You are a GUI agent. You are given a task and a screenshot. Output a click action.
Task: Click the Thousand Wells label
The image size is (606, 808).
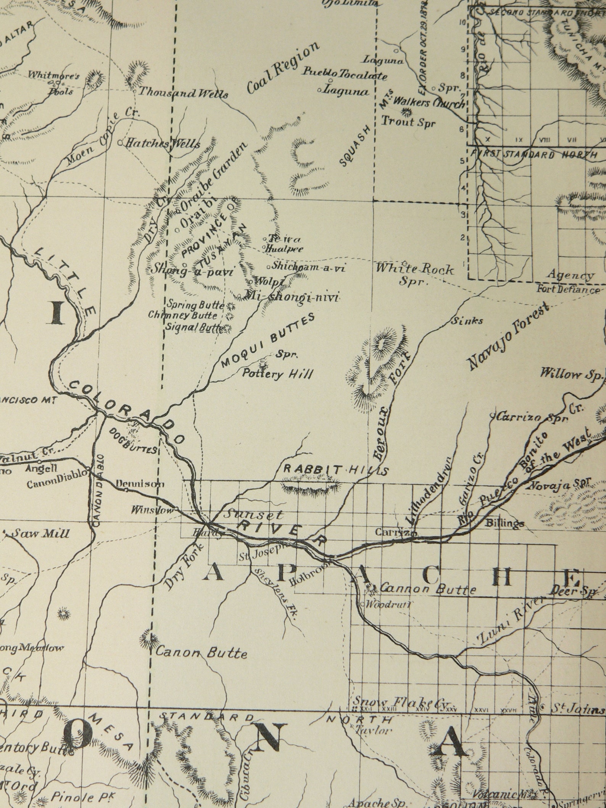183,93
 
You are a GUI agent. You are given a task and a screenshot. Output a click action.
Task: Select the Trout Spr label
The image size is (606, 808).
408,122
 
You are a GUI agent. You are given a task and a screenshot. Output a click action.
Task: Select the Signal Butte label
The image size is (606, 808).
194,327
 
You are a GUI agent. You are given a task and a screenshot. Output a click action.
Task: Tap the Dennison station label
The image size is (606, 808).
140,484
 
